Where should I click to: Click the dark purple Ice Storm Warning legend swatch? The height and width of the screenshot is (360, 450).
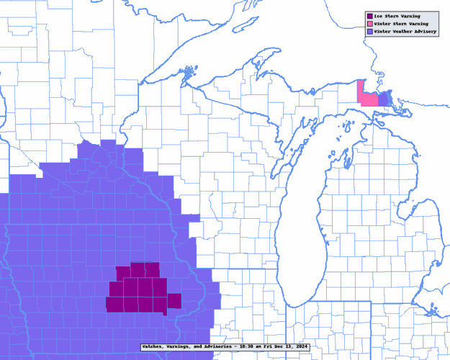tap(369, 16)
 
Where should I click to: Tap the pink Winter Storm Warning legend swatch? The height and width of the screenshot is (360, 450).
tap(369, 24)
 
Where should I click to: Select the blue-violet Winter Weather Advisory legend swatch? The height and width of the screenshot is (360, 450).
tap(369, 32)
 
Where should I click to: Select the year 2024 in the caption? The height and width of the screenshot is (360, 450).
tap(301, 346)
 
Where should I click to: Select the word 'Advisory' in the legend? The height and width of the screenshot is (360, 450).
tap(425, 32)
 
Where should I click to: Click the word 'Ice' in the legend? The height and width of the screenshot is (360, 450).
tap(379, 16)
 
